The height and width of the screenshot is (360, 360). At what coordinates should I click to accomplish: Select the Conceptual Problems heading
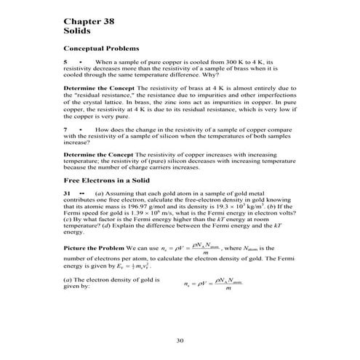100,50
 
